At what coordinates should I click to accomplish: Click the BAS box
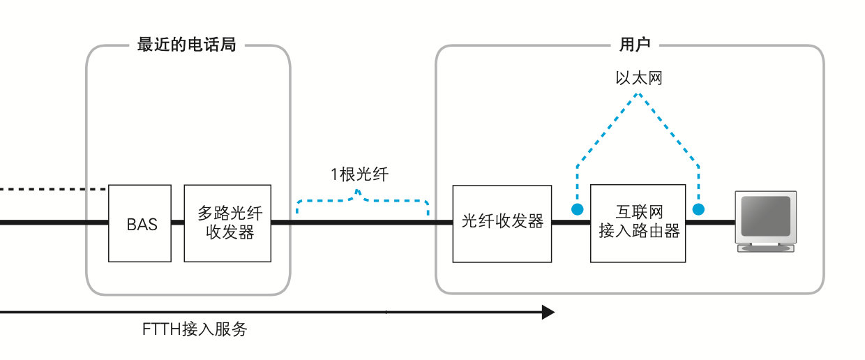tap(140, 223)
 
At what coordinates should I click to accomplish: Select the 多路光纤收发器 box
tap(227, 223)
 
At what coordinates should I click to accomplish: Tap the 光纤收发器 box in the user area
tap(502, 223)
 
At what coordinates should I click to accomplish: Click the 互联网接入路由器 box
tap(638, 223)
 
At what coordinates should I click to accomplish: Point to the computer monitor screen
tap(765, 216)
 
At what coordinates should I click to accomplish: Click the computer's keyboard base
tap(766, 248)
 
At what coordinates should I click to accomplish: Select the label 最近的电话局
tap(186, 45)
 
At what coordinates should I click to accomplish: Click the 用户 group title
tap(634, 45)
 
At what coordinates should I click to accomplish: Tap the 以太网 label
tap(638, 78)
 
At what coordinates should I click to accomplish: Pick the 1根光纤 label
tap(359, 174)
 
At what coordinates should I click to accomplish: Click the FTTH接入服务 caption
tap(195, 329)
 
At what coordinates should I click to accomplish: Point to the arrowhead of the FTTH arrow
tap(548, 312)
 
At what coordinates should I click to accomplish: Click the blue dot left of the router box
tap(577, 209)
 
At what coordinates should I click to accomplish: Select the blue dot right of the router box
tap(698, 209)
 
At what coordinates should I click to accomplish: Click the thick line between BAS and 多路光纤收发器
tap(177, 223)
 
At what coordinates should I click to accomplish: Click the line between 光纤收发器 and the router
tap(571, 223)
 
